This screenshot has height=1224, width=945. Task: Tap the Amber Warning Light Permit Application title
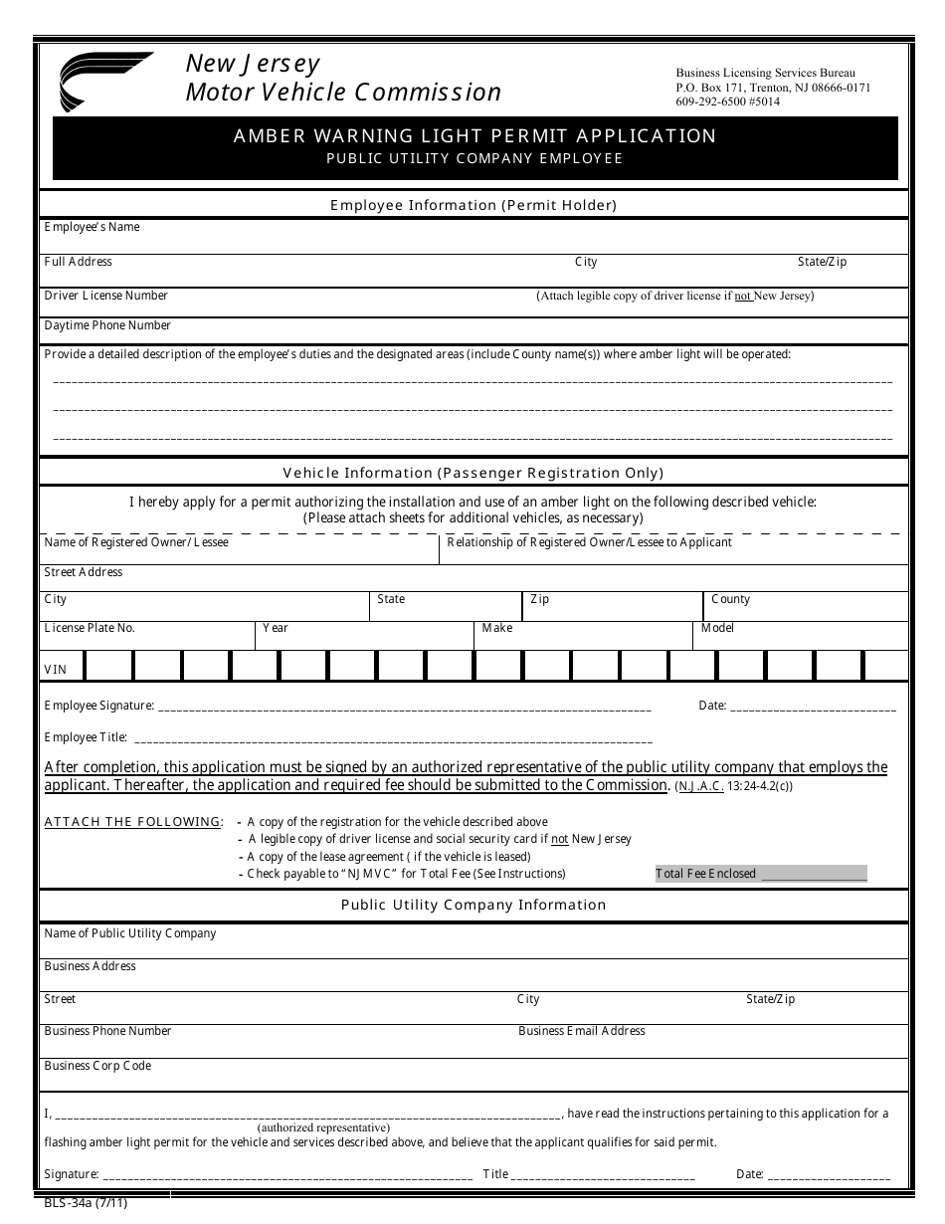coord(474,136)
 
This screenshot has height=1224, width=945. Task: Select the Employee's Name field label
coord(92,228)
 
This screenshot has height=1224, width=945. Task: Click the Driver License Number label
coord(106,296)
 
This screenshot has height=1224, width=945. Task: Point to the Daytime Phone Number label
coord(107,325)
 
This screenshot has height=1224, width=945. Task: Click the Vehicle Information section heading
coord(473,474)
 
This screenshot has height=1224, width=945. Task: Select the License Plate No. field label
coord(90,629)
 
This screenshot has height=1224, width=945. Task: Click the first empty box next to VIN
coord(108,666)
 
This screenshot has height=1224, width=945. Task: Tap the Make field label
coord(497,629)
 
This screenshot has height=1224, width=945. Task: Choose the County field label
coord(730,599)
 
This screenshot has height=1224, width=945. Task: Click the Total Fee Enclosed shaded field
coord(761,874)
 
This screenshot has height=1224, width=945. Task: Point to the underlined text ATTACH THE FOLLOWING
coord(133,822)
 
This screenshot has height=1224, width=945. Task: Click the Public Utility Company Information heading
coord(473,906)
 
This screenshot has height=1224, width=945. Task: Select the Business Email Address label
coord(582,1031)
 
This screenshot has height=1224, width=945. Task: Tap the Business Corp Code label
coord(97,1066)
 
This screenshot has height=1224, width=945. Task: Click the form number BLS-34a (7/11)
coord(86,1203)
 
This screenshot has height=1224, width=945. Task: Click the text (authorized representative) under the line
coord(323,1128)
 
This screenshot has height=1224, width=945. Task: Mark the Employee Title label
coord(86,737)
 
